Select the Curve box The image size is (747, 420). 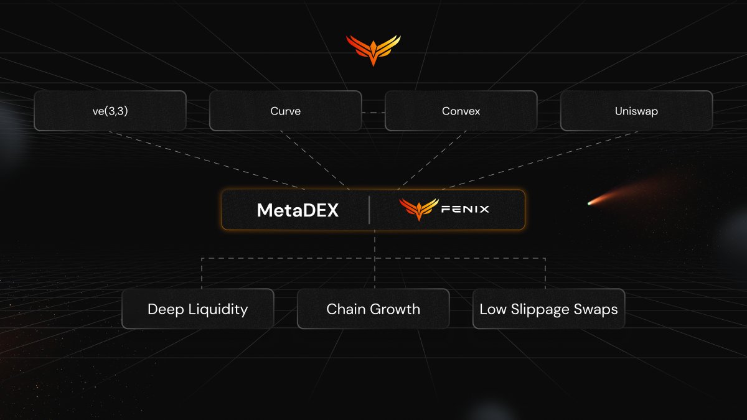pyautogui.click(x=285, y=111)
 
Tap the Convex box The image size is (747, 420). pyautogui.click(x=461, y=111)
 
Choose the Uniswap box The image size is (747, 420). pyautogui.click(x=636, y=111)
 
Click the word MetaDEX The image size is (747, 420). pyautogui.click(x=298, y=210)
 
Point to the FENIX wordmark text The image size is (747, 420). pyautogui.click(x=465, y=210)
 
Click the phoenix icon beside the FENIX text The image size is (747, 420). pyautogui.click(x=419, y=210)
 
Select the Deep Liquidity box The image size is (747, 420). pyautogui.click(x=197, y=309)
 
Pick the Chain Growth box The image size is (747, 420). pyautogui.click(x=373, y=309)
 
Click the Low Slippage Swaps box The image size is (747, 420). pyautogui.click(x=548, y=309)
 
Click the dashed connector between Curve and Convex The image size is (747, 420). pyautogui.click(x=373, y=112)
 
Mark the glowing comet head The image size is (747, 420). pyautogui.click(x=591, y=202)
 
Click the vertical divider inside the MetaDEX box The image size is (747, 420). pyautogui.click(x=369, y=210)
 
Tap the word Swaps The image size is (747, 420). pyautogui.click(x=596, y=309)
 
